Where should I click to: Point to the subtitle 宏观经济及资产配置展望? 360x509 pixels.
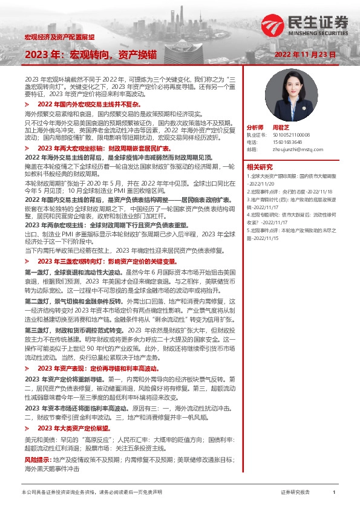[59, 37]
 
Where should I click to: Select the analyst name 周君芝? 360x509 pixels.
[281, 128]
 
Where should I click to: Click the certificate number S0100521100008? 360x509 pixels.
[294, 135]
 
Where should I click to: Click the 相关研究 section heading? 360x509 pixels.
[260, 167]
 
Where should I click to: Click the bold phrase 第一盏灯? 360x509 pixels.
[38, 273]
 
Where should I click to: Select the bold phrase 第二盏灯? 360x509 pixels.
[38, 300]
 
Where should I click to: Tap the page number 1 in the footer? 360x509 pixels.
[333, 493]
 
